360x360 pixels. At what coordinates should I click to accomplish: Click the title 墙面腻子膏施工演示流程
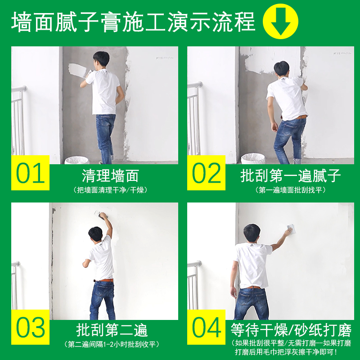point(133,21)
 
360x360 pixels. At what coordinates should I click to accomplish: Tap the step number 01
point(30,173)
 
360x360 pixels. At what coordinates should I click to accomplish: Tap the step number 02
point(207,173)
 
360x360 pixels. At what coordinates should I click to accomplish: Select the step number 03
point(30,327)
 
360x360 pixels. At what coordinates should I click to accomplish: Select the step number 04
point(207,327)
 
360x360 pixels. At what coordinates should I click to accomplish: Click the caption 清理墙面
point(110,175)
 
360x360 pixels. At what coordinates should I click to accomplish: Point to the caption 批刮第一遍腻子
point(291,175)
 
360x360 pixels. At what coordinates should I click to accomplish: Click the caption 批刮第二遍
point(112,330)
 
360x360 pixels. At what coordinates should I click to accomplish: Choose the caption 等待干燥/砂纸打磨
point(291,330)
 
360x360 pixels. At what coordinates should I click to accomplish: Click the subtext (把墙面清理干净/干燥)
point(110,190)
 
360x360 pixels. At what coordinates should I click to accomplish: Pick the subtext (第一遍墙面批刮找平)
point(291,190)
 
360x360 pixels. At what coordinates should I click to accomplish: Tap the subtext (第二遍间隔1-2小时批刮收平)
point(112,345)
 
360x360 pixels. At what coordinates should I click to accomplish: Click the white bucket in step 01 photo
point(76,160)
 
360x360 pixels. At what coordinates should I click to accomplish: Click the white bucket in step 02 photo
point(252,158)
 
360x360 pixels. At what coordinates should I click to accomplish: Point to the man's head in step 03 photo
point(95,234)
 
